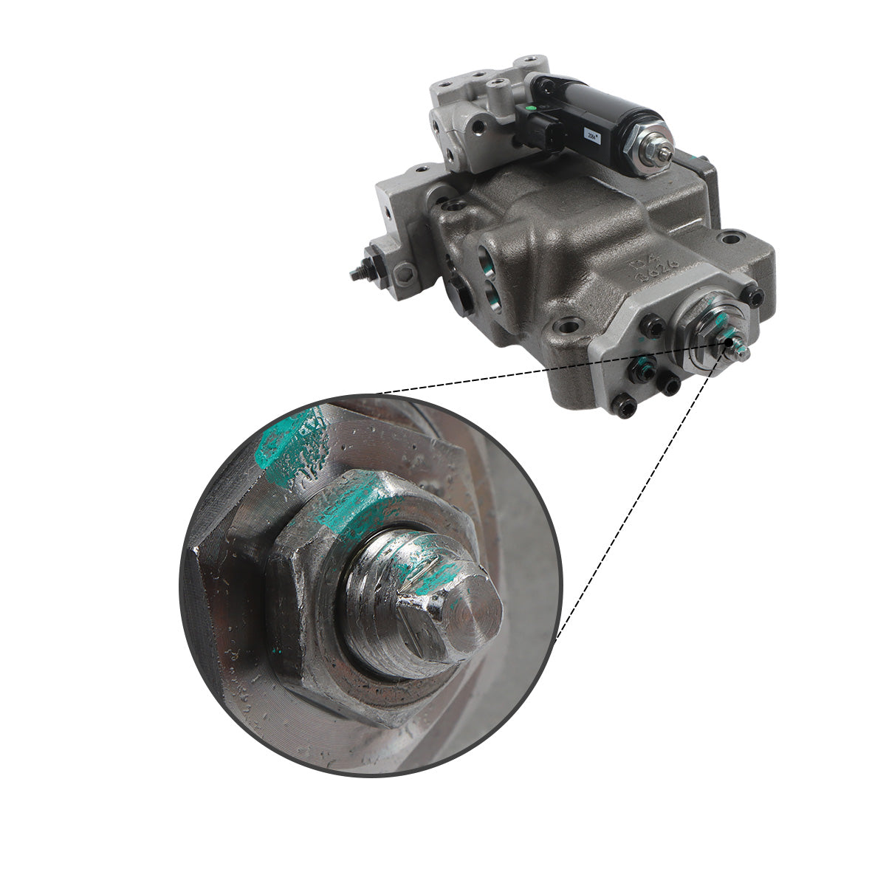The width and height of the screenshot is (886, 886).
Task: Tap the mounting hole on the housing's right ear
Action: coord(730,238)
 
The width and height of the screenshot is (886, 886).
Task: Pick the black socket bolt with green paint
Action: coord(644,364)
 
